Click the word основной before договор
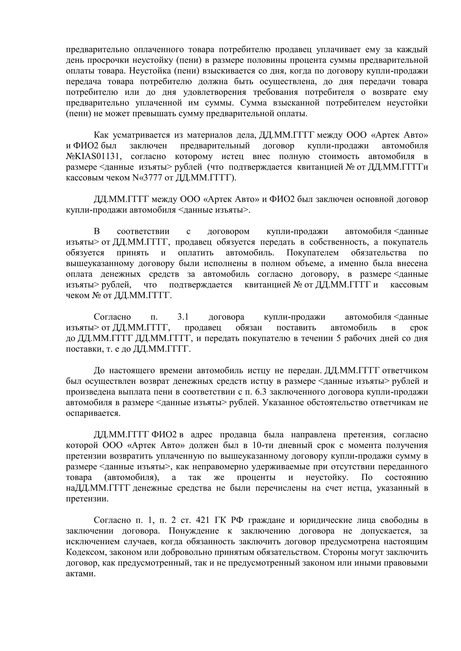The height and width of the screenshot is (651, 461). pos(374,199)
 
